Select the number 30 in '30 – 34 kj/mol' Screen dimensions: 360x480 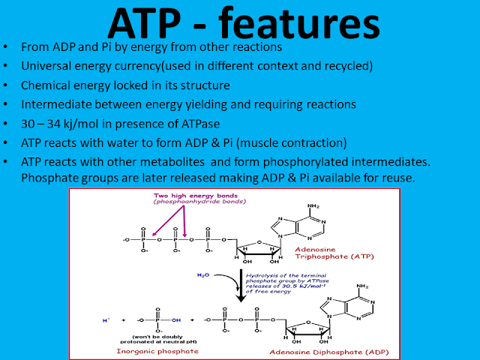point(29,121)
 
